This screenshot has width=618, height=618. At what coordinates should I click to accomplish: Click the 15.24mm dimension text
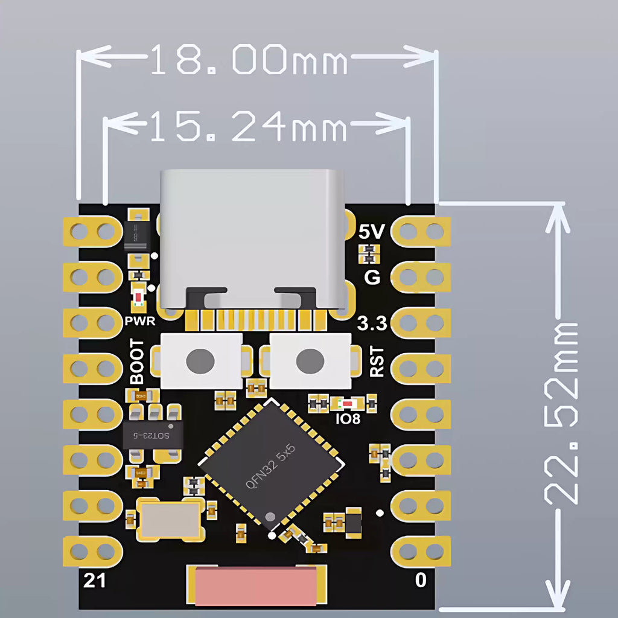pyautogui.click(x=247, y=128)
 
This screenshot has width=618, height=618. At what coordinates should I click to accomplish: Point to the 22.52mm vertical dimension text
pyautogui.click(x=561, y=413)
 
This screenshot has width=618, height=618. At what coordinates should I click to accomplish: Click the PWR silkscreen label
pyautogui.click(x=140, y=320)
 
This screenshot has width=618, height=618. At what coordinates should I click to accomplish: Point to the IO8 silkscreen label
pyautogui.click(x=348, y=417)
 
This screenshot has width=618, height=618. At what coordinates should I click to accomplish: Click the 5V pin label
pyautogui.click(x=371, y=232)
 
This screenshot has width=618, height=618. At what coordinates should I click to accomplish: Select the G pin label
pyautogui.click(x=373, y=278)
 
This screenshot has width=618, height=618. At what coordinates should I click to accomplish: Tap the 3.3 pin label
pyautogui.click(x=372, y=324)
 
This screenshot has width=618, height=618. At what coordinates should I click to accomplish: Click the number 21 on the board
pyautogui.click(x=94, y=581)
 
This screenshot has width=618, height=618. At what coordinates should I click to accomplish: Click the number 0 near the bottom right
pyautogui.click(x=421, y=581)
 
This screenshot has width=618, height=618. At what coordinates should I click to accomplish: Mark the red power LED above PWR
pyautogui.click(x=139, y=298)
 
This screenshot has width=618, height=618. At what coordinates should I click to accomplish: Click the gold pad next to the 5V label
pyautogui.click(x=421, y=232)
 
